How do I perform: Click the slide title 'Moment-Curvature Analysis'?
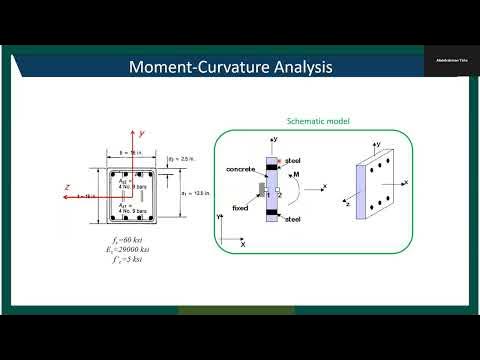[231, 68]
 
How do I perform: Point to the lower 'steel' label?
[292, 218]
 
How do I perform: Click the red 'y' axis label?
[143, 132]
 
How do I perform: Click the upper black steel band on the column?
[270, 159]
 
